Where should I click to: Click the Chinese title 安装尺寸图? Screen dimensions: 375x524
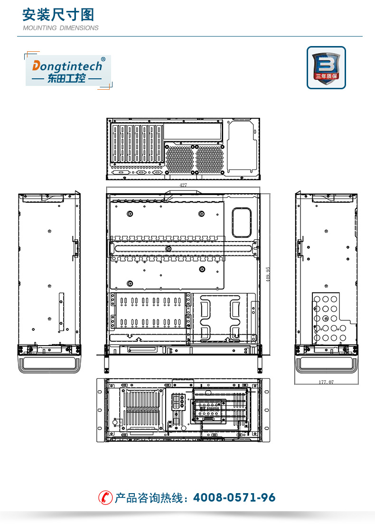[x=58, y=15]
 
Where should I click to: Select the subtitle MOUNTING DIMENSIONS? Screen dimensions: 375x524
[x=60, y=28]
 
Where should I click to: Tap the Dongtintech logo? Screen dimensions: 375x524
[x=68, y=71]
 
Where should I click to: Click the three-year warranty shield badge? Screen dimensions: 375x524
[x=326, y=67]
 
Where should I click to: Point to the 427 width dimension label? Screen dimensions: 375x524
[x=183, y=185]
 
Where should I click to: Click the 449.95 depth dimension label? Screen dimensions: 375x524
[x=268, y=274]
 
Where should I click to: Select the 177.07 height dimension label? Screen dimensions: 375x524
[x=326, y=382]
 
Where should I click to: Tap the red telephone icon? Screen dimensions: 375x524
[x=105, y=497]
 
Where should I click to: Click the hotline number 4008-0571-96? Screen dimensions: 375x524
[x=234, y=497]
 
